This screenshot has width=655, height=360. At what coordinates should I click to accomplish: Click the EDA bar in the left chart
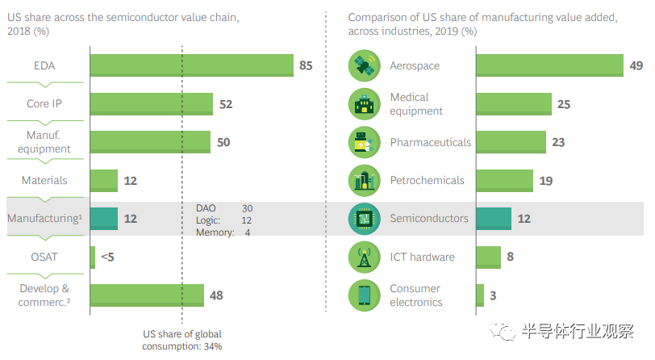[191, 65]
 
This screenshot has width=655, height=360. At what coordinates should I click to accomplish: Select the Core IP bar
[151, 104]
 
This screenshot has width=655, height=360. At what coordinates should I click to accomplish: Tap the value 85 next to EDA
[306, 65]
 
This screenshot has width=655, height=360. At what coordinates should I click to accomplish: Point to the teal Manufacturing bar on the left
[103, 219]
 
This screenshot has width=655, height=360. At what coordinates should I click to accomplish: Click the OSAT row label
[45, 257]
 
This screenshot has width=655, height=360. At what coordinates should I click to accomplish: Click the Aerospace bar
[549, 65]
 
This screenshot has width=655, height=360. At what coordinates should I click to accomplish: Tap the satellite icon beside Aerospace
[365, 65]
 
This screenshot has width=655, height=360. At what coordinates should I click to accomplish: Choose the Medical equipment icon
[365, 104]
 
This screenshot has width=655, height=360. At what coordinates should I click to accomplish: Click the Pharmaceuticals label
[431, 142]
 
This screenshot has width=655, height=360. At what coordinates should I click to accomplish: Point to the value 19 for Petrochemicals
[545, 181]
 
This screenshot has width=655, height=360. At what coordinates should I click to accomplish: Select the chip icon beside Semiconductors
[365, 218]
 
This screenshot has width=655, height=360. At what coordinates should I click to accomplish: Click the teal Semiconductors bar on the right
[494, 218]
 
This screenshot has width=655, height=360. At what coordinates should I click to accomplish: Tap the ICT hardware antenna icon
[365, 257]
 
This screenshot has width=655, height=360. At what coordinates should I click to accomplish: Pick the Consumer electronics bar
[480, 295]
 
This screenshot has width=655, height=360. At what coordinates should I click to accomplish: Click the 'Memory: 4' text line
[223, 233]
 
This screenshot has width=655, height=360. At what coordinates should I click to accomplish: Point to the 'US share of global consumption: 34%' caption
[182, 340]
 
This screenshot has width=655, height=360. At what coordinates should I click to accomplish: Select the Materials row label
[45, 181]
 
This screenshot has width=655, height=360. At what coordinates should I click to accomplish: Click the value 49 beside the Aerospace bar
[636, 65]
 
